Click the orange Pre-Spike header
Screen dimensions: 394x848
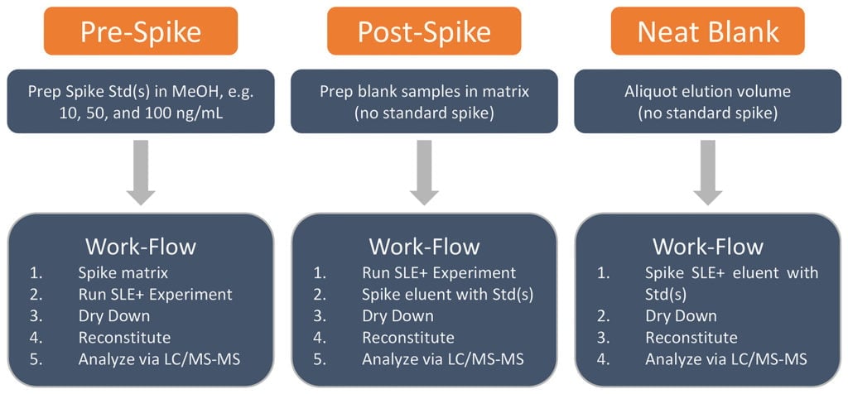click(x=141, y=31)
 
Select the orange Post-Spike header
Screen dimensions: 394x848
click(x=424, y=31)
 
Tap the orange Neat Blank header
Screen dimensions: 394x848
click(x=707, y=31)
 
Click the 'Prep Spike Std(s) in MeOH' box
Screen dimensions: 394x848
click(x=141, y=101)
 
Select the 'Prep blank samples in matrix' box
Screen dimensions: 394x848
click(x=424, y=101)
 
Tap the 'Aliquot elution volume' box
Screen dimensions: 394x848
click(x=707, y=101)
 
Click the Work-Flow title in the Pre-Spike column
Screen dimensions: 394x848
click(x=141, y=247)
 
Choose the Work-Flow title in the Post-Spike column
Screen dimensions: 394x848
click(x=424, y=247)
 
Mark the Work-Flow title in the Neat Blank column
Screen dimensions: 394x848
click(x=707, y=247)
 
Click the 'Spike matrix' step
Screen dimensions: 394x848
click(x=123, y=273)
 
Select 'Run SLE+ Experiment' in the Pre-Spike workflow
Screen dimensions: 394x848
click(x=156, y=295)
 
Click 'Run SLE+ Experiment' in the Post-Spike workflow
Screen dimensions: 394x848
click(x=439, y=273)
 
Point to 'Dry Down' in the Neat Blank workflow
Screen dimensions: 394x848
click(x=681, y=316)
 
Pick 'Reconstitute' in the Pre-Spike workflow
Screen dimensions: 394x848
click(x=124, y=338)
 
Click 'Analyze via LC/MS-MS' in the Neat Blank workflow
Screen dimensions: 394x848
click(x=726, y=359)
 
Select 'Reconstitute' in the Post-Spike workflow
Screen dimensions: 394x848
click(x=407, y=338)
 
